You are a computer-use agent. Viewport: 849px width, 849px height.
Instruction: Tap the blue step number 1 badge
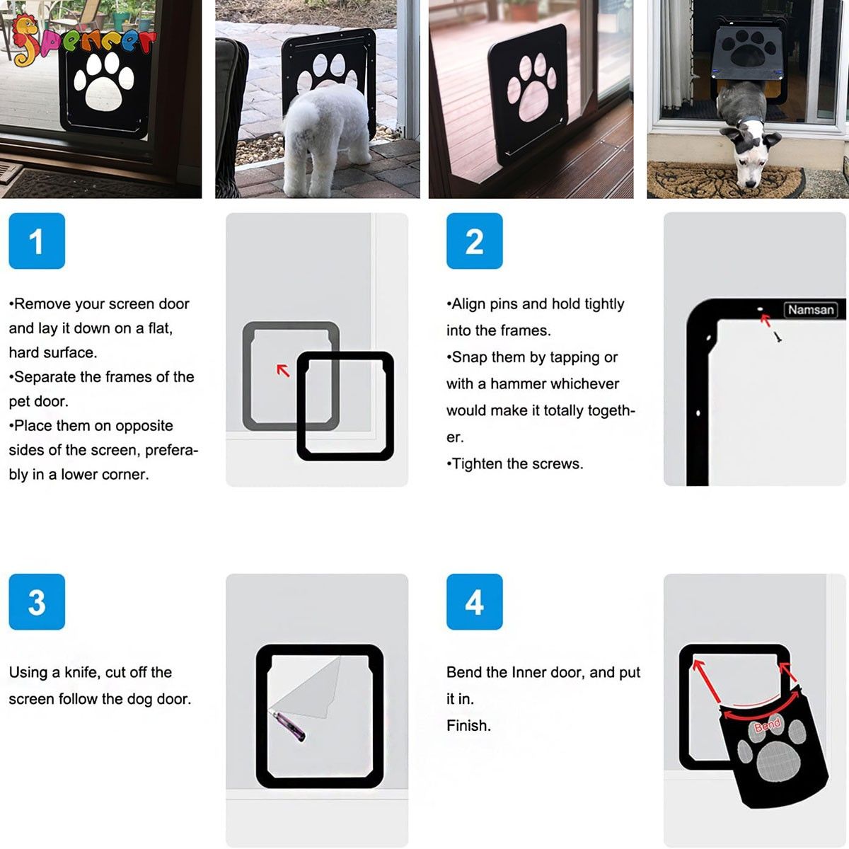point(37,241)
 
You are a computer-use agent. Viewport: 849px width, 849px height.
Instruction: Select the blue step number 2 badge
point(474,241)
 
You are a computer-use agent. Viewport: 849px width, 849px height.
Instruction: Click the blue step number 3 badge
point(37,602)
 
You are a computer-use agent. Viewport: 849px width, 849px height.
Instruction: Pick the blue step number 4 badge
point(474,602)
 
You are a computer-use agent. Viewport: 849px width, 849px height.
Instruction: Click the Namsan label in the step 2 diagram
point(811,310)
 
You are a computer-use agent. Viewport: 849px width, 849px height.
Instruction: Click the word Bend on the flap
point(768,724)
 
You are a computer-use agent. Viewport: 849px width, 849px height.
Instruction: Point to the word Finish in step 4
point(468,726)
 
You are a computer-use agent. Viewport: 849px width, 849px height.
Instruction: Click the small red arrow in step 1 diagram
point(283,370)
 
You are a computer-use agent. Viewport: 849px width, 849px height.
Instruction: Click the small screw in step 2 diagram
point(778,337)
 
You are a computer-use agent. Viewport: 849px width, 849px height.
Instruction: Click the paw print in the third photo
point(536,88)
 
